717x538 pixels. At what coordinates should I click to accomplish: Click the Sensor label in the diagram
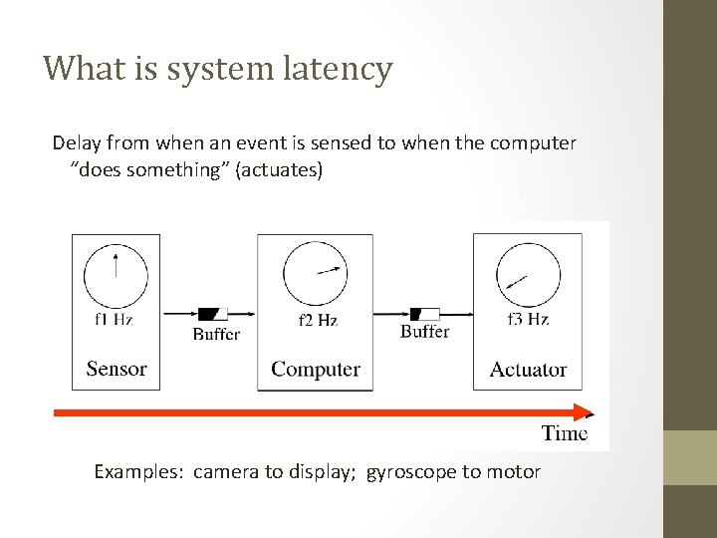pyautogui.click(x=117, y=369)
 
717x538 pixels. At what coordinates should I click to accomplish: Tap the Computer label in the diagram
pyautogui.click(x=316, y=369)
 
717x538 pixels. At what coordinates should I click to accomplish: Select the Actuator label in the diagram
pyautogui.click(x=528, y=370)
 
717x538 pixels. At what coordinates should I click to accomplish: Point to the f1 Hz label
pyautogui.click(x=115, y=320)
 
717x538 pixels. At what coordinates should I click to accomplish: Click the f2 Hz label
pyautogui.click(x=318, y=321)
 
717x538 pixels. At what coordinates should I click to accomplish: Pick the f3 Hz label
pyautogui.click(x=528, y=320)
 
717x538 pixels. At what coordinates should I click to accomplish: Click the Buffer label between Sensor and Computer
pyautogui.click(x=216, y=334)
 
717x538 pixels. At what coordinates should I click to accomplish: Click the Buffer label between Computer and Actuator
pyautogui.click(x=424, y=331)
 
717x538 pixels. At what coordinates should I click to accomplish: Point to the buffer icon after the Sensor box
pyautogui.click(x=213, y=313)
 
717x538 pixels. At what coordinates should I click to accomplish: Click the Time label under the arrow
pyautogui.click(x=565, y=432)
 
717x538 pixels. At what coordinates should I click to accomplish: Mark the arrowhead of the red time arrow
pyautogui.click(x=587, y=413)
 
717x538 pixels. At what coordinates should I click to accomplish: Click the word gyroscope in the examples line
pyautogui.click(x=412, y=472)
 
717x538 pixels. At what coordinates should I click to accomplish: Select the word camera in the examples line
pyautogui.click(x=225, y=472)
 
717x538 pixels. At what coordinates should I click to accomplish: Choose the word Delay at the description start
pyautogui.click(x=76, y=142)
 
